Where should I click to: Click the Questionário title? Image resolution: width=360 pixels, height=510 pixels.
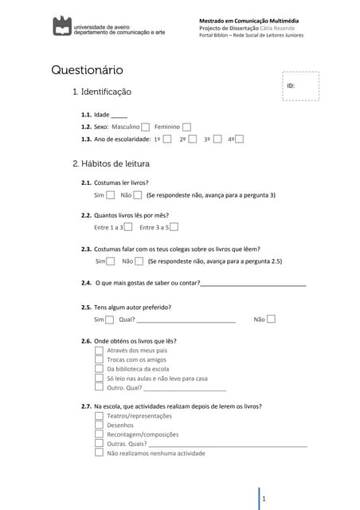pos(88,70)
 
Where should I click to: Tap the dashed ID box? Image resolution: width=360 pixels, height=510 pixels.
pos(301,86)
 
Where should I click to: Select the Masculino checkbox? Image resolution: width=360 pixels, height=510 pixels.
pos(146,127)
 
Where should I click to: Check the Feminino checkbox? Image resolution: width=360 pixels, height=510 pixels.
pos(186,127)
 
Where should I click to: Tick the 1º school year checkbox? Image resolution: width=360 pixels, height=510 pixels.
pos(167,139)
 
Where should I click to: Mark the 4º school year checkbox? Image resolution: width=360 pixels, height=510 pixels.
pos(239,139)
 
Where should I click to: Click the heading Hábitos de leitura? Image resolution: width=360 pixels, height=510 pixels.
pos(111,164)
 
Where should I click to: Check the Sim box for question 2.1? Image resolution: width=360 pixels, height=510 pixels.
pos(111,194)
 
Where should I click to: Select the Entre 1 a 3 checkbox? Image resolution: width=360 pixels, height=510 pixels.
pos(128,227)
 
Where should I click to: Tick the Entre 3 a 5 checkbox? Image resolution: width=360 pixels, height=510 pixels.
pos(174,227)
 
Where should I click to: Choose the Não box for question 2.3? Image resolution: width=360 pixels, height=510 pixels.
pos(139,261)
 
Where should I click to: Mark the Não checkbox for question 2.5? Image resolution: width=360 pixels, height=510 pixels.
pos(271,320)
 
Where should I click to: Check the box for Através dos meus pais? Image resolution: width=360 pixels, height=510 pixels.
pos(99,350)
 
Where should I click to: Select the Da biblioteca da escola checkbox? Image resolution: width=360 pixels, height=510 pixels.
pos(99,369)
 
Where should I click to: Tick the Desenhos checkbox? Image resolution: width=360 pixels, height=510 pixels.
pos(99,425)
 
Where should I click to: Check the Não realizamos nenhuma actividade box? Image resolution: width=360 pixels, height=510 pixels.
pos(99,453)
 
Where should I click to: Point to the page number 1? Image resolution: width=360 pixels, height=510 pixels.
pos(264,499)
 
